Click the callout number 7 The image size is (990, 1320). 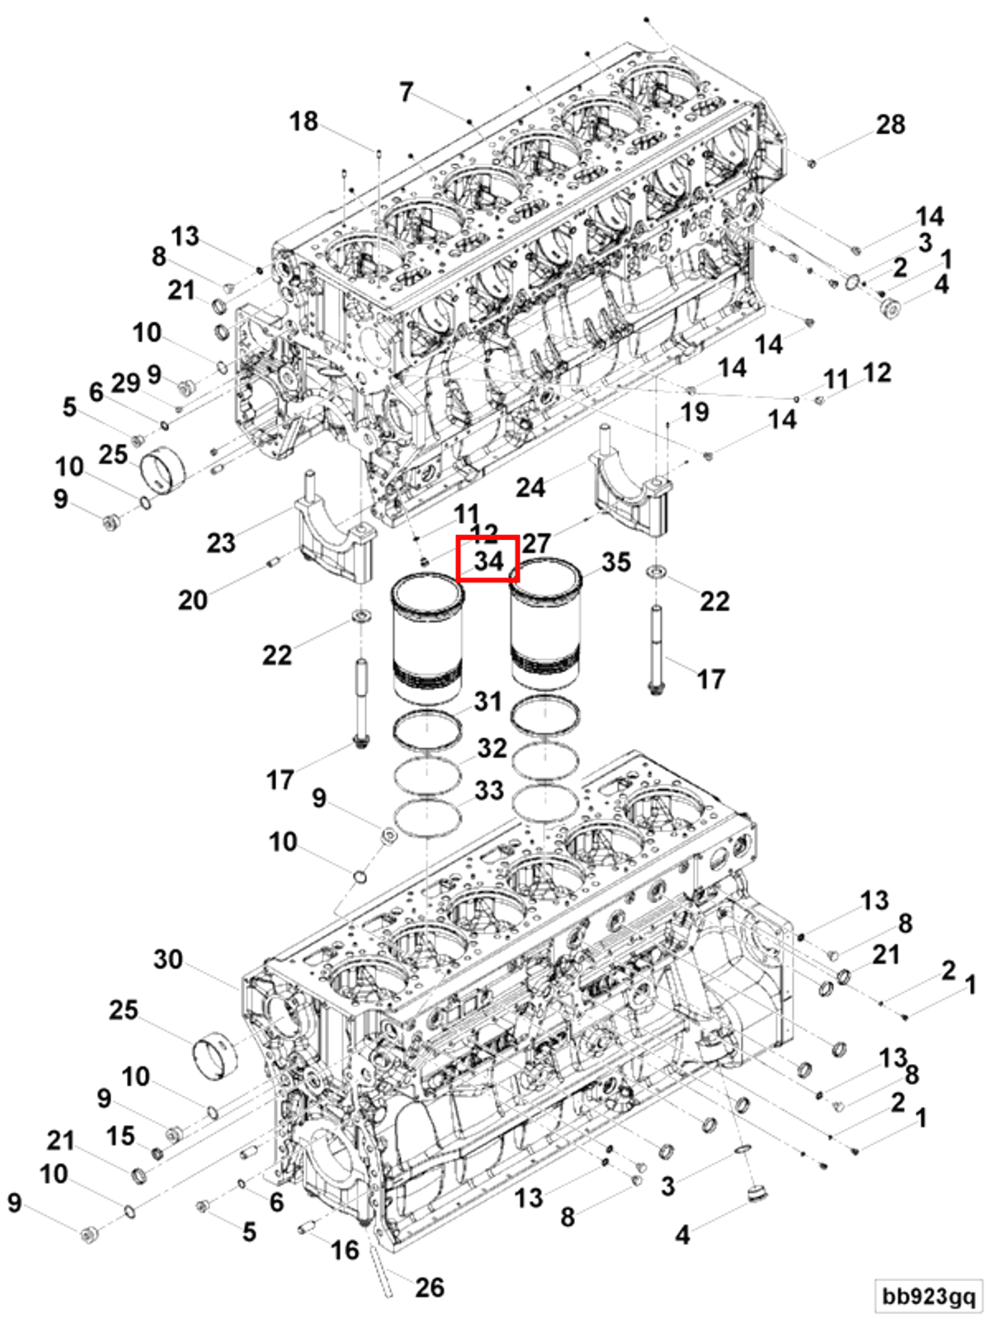point(406,92)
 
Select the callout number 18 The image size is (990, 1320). point(303,122)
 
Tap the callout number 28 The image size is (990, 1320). point(890,125)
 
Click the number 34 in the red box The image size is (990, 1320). point(489,561)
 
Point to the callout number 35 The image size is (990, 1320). point(616,562)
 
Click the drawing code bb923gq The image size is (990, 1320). point(929,1295)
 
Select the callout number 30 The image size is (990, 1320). point(168,959)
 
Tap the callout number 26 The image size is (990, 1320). point(430,1287)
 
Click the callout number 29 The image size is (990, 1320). point(126,382)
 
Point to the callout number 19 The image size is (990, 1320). point(695,412)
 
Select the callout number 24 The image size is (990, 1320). point(530,487)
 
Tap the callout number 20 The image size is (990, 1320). point(193,600)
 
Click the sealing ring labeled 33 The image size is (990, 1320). point(427,819)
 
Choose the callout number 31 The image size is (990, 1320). point(488,701)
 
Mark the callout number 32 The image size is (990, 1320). point(492,748)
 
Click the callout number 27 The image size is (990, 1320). point(536,543)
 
